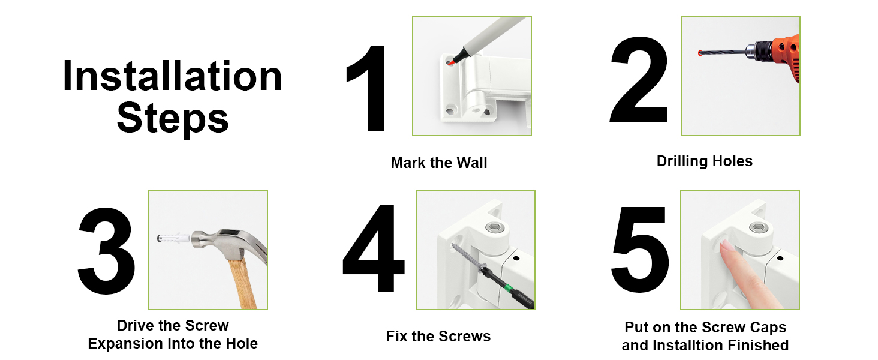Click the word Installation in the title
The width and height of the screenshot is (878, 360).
172,76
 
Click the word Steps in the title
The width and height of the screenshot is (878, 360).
173,119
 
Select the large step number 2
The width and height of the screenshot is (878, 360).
639,80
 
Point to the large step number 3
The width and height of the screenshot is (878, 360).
106,251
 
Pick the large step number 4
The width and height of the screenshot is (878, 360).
374,248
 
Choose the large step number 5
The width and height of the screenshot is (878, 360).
640,250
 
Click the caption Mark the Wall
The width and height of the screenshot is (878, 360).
439,163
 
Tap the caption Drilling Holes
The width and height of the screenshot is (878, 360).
704,161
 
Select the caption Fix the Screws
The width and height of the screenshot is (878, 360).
438,336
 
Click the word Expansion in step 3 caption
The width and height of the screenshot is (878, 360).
125,344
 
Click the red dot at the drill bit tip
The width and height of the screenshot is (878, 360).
700,53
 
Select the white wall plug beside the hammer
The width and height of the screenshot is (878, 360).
173,238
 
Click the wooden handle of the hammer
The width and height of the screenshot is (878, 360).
242,283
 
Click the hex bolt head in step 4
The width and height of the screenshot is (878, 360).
494,227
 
